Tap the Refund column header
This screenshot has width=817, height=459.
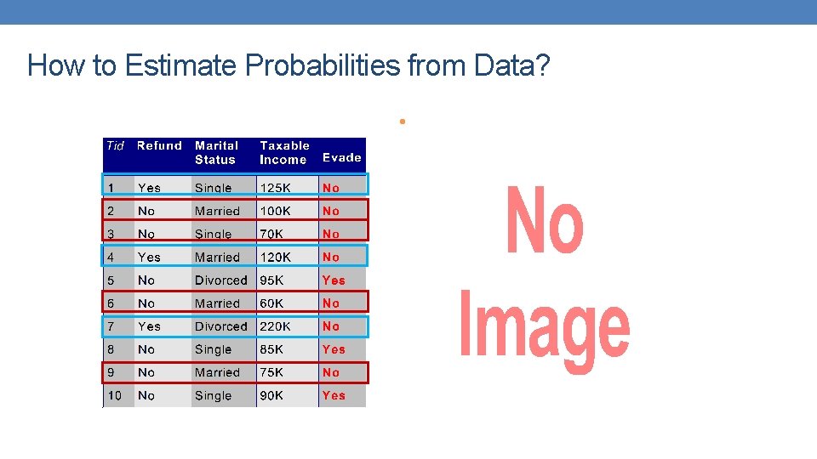click(159, 145)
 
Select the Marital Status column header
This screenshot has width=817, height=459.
click(216, 152)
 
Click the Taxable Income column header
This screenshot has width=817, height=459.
click(284, 152)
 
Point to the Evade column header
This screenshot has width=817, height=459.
click(341, 157)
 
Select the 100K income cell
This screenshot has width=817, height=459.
click(276, 211)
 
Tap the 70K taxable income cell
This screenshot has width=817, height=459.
click(272, 234)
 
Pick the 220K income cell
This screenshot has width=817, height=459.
click(276, 326)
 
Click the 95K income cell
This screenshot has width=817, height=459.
click(272, 280)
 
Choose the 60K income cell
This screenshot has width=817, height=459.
click(272, 303)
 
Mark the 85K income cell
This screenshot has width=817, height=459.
click(272, 349)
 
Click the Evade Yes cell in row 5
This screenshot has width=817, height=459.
click(334, 280)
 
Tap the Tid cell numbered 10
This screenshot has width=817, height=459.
click(114, 395)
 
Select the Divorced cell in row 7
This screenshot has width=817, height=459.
click(220, 326)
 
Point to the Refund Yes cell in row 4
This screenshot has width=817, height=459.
click(149, 257)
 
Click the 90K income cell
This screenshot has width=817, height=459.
click(272, 395)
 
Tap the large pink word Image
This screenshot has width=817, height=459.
click(545, 327)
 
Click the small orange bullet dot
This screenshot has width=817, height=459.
click(400, 122)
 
